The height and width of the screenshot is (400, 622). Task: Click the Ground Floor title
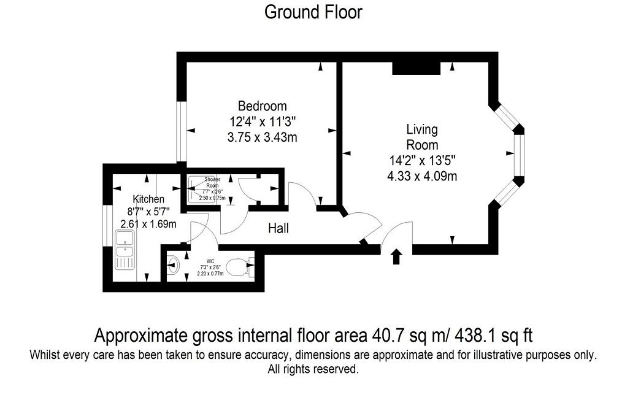click(x=313, y=12)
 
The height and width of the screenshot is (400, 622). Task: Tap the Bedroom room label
click(x=262, y=106)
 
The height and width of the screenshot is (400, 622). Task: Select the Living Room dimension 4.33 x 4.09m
click(x=422, y=177)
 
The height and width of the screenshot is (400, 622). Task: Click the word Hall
click(x=278, y=229)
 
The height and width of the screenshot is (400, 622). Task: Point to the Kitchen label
click(x=148, y=199)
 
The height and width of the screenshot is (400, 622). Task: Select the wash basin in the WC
click(x=173, y=266)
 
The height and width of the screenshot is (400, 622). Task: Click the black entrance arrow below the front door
click(x=396, y=256)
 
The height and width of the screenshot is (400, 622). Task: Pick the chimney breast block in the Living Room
click(x=417, y=68)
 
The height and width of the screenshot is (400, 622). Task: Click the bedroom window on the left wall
click(x=182, y=131)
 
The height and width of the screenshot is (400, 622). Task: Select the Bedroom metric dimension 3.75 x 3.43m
click(x=262, y=137)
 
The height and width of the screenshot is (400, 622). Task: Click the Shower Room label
click(x=212, y=182)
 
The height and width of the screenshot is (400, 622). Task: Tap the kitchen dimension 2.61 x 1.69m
click(x=148, y=224)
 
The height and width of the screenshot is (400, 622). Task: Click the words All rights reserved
click(x=313, y=369)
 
